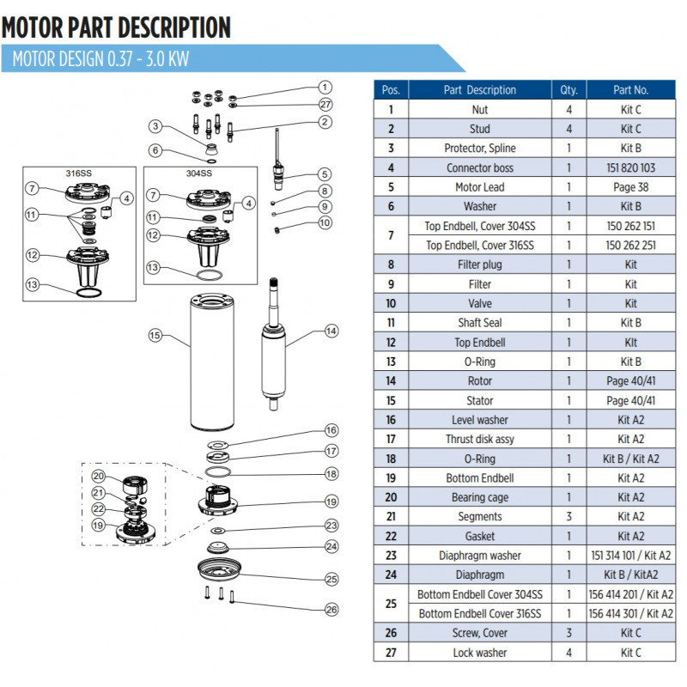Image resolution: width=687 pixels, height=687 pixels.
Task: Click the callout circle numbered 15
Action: click(x=155, y=336)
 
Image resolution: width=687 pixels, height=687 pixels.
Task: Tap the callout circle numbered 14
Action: click(x=331, y=329)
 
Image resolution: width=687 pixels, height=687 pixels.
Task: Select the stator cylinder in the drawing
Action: click(x=211, y=361)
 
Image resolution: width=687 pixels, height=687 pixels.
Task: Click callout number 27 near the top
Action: click(x=325, y=105)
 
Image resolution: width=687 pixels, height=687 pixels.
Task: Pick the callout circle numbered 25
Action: click(x=331, y=579)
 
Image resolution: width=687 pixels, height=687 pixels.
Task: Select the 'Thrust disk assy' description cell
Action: click(x=480, y=439)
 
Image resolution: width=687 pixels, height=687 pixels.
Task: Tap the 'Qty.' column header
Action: click(x=568, y=89)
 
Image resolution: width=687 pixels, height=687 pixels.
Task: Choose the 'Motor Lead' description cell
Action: click(x=480, y=186)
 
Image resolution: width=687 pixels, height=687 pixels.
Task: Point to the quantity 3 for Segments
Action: click(x=568, y=516)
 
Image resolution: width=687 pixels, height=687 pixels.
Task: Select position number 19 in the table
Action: click(x=391, y=477)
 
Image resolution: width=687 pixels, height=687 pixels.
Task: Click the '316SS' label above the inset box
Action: click(x=78, y=173)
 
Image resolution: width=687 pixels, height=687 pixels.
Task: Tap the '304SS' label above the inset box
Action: click(x=200, y=173)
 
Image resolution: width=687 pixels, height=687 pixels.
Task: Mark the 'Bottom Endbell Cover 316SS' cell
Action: click(x=480, y=613)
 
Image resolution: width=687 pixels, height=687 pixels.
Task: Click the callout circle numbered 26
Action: click(x=331, y=610)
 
